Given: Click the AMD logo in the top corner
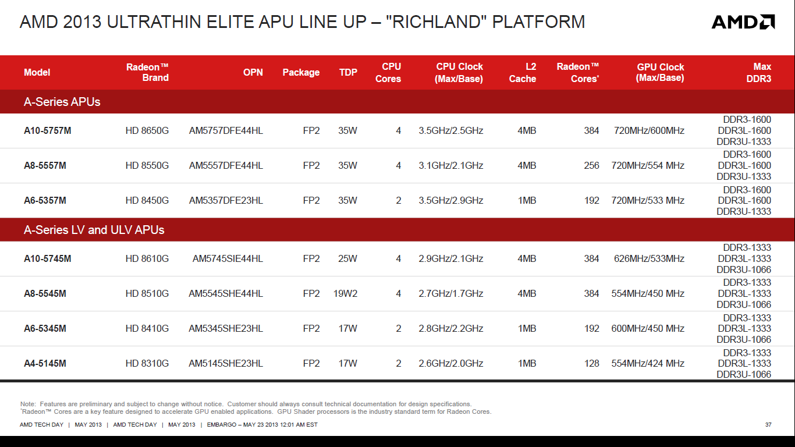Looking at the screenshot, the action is [743, 22].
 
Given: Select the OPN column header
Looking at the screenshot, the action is [253, 72].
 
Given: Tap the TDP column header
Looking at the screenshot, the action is [348, 72].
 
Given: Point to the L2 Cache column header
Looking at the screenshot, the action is [523, 72].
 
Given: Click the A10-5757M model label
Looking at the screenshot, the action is [48, 130].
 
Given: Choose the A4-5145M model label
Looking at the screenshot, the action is [45, 364].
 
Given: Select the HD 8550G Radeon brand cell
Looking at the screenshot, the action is [147, 165].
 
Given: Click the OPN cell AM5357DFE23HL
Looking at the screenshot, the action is [226, 201].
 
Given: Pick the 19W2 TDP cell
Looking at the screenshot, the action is [345, 293].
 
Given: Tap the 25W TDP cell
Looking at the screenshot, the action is [347, 258].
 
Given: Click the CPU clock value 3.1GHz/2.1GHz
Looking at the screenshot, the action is [450, 165].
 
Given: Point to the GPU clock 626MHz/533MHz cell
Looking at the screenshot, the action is [649, 258].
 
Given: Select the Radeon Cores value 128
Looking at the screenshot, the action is [592, 364].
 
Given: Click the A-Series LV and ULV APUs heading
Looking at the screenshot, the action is [94, 230].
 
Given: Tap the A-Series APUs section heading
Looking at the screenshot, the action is [62, 102].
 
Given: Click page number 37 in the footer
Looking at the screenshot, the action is [768, 425].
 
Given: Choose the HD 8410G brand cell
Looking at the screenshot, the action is [147, 328].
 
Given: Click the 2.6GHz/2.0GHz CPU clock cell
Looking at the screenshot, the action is [450, 364].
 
